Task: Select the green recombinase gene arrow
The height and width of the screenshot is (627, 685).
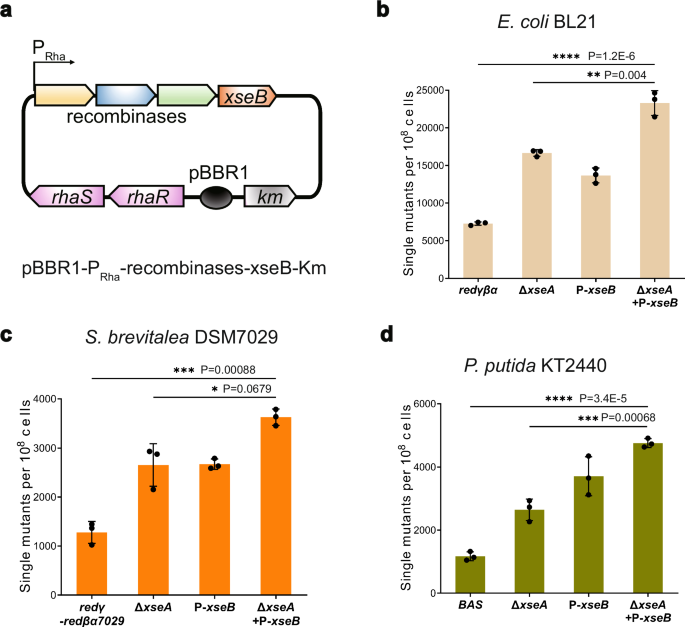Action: click(187, 95)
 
